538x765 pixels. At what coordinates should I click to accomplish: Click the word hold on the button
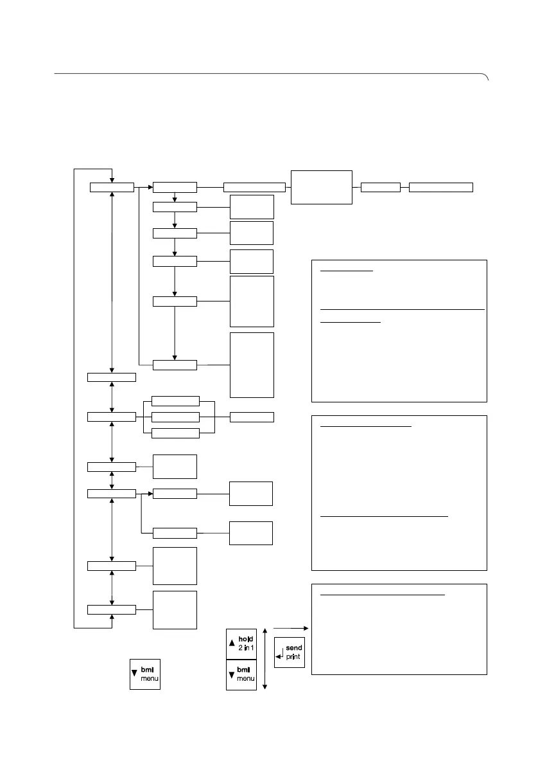pyautogui.click(x=246, y=639)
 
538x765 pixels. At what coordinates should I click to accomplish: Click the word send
pyautogui.click(x=293, y=648)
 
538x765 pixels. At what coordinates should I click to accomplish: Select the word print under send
pyautogui.click(x=293, y=657)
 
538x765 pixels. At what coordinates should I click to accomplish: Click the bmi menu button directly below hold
pyautogui.click(x=241, y=675)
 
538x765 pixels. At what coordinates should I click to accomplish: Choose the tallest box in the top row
pyautogui.click(x=322, y=187)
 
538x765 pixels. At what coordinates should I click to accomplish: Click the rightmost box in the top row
pyautogui.click(x=441, y=187)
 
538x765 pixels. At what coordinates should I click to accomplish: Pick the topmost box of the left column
pyautogui.click(x=112, y=187)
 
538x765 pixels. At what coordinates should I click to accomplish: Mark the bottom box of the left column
pyautogui.click(x=112, y=609)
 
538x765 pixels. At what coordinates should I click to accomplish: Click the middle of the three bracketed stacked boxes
pyautogui.click(x=175, y=417)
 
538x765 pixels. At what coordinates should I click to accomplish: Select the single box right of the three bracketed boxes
pyautogui.click(x=252, y=417)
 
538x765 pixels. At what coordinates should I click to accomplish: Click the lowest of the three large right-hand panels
pyautogui.click(x=399, y=629)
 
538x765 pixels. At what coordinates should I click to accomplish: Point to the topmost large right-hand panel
pyautogui.click(x=399, y=330)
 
